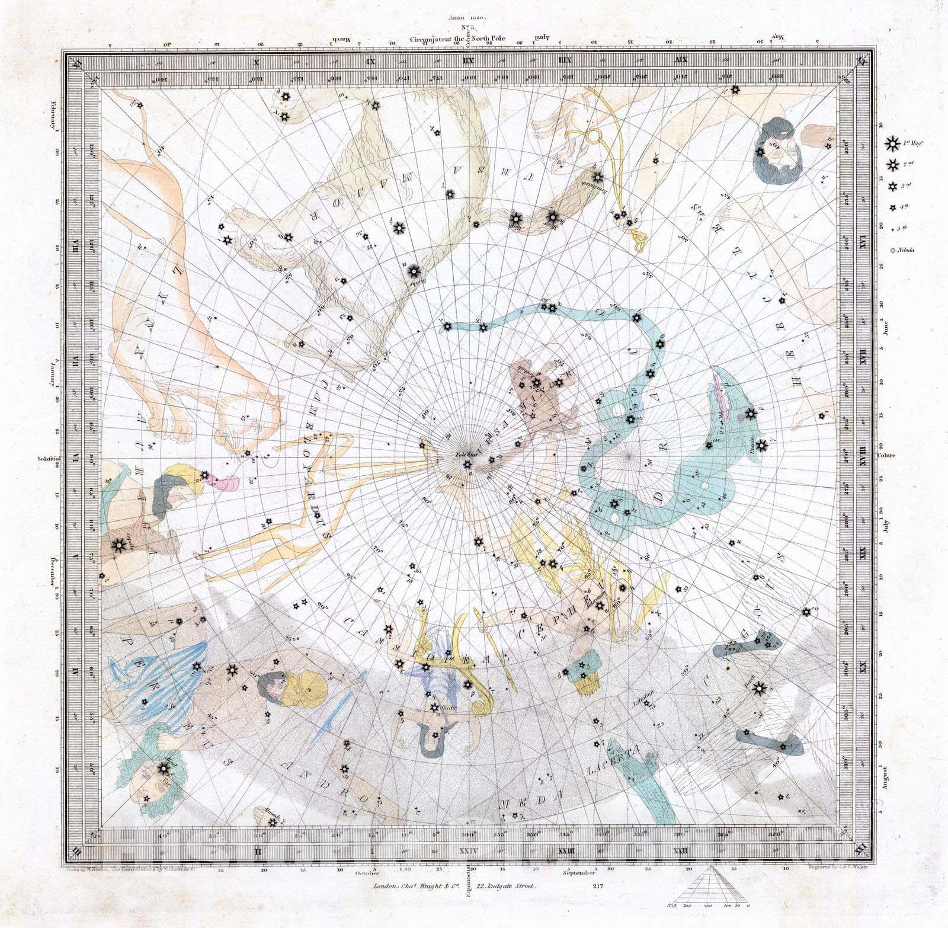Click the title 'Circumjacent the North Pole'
tap(455, 37)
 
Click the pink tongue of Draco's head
tap(724, 391)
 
